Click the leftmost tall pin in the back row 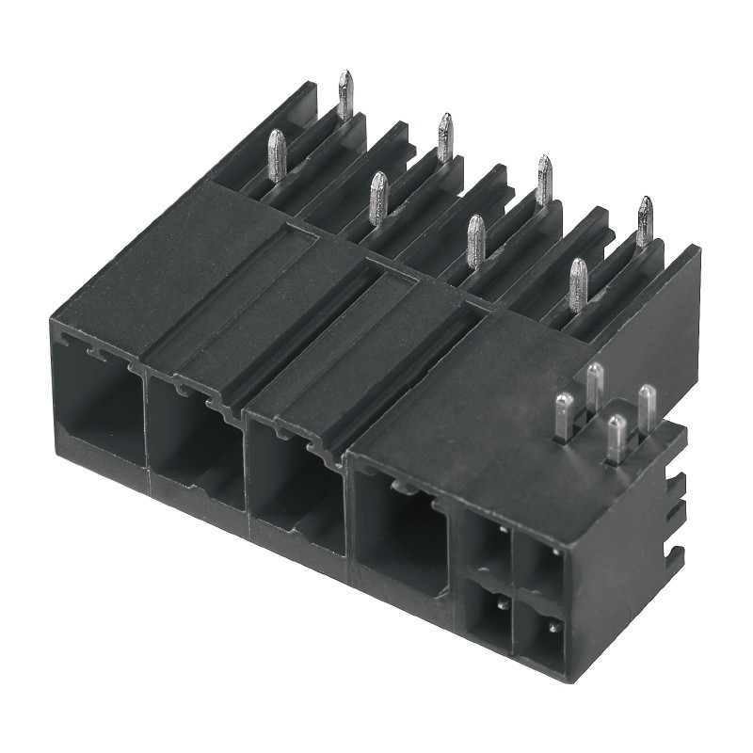[345, 95]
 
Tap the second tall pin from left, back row [445, 136]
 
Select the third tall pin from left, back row [544, 179]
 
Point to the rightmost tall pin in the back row [645, 221]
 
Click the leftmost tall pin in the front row [276, 154]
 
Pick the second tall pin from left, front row [377, 198]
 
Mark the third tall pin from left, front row [476, 240]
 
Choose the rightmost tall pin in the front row [577, 283]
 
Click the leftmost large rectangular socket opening [99, 405]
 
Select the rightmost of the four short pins [648, 406]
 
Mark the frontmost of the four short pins [616, 438]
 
